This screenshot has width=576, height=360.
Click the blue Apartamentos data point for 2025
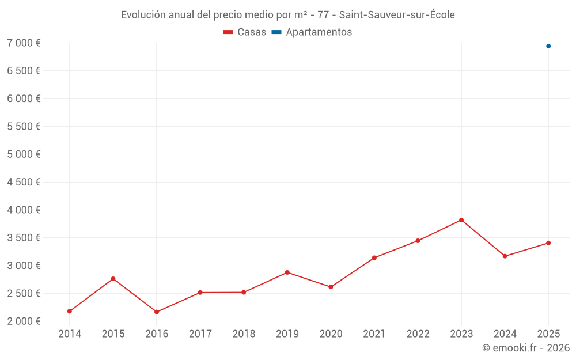pos(548,46)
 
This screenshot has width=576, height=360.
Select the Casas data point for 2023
pos(461,220)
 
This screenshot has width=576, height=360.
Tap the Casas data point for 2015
pos(113,279)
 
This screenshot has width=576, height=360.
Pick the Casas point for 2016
pos(157,312)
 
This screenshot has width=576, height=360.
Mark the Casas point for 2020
pos(331,287)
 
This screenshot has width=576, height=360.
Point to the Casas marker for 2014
pos(70,312)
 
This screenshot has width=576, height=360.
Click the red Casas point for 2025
pos(548,243)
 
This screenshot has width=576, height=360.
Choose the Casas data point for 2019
pos(287,272)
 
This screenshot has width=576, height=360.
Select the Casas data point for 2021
pos(374,257)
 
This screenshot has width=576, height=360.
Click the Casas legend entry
pos(245,32)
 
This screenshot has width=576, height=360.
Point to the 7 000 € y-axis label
pos(24,43)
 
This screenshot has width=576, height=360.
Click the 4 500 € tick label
pos(24,182)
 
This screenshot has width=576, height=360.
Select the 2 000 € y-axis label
pos(24,321)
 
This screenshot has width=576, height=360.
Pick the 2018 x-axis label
pos(244,334)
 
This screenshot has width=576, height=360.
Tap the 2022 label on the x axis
pos(418,334)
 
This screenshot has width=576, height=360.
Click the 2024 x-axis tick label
pos(505,334)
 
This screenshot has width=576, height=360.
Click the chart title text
pos(288,15)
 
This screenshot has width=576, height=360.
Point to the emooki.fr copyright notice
pos(526,348)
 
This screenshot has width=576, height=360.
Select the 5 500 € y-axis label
pos(24,127)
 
